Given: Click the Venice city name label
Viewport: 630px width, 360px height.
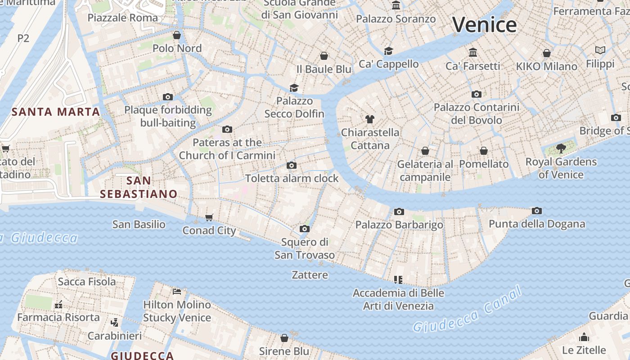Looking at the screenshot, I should point(484,24).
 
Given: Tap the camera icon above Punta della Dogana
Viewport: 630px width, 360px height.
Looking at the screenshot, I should point(536,211).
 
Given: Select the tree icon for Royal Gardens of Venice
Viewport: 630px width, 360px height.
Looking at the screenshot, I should point(561,148).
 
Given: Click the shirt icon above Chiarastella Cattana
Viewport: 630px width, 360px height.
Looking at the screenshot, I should point(370,119).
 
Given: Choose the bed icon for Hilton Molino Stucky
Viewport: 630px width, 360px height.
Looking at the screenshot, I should point(177,292).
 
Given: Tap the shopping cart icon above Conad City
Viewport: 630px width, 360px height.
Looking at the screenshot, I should point(209,218).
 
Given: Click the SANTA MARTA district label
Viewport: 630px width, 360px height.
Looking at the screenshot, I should point(56,112).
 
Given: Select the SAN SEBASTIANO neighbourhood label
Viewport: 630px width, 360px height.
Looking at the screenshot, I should point(139,187).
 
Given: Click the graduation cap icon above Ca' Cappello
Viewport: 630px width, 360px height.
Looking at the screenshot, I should point(388,51).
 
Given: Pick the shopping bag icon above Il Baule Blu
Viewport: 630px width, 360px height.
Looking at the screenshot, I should point(324,56).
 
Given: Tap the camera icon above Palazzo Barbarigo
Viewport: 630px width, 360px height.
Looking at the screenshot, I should point(399,211).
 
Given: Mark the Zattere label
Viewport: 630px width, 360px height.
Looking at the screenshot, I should point(310,274).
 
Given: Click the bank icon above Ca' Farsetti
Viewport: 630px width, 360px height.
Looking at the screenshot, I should point(473,53).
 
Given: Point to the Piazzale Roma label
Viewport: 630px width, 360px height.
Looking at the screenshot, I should point(123,18).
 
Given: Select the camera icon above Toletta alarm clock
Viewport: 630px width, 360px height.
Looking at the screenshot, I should point(292,165).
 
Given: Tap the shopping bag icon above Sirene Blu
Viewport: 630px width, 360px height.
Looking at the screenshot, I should point(284,338).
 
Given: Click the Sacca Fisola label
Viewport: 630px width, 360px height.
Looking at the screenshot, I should point(87,282).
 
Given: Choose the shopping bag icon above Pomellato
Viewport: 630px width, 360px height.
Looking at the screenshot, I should point(484,151).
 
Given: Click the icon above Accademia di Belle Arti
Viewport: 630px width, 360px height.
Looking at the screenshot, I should point(398,280).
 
